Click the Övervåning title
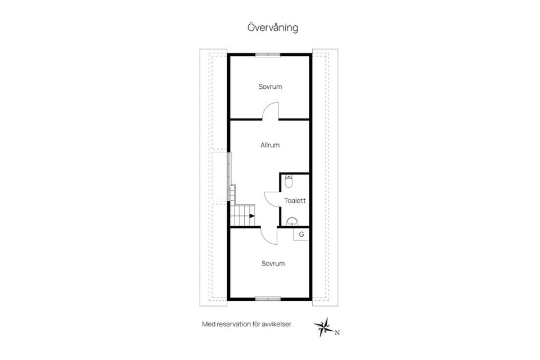tap(273, 28)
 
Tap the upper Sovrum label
tap(270, 87)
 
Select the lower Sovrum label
tap(273, 264)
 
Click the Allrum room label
tap(270, 145)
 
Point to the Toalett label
tap(295, 200)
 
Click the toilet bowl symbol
tap(289, 182)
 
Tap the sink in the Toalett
tap(292, 222)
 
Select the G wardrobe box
tap(300, 234)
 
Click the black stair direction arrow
tap(252, 216)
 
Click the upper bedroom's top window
tap(268, 54)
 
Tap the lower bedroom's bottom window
tap(268, 299)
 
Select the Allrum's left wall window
tap(228, 176)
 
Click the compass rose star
tap(323, 327)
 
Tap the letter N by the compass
tap(337, 333)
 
